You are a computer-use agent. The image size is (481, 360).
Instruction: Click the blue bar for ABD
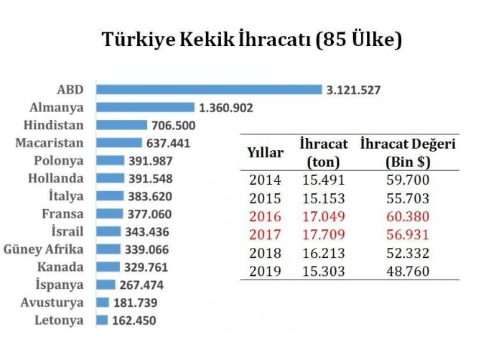click(x=208, y=90)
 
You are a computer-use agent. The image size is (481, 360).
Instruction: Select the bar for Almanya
click(x=145, y=108)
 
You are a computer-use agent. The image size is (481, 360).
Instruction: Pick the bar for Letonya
click(x=101, y=320)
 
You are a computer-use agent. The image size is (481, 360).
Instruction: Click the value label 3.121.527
click(x=353, y=90)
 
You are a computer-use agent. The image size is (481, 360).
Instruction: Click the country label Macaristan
click(x=49, y=143)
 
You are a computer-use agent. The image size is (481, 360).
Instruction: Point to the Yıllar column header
click(x=266, y=152)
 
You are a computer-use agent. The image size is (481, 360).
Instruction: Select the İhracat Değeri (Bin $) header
click(x=407, y=152)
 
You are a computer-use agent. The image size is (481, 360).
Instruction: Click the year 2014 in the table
click(x=266, y=180)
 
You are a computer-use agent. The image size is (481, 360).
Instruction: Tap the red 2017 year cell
click(x=266, y=235)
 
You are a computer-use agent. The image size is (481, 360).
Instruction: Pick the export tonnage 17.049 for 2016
click(x=323, y=217)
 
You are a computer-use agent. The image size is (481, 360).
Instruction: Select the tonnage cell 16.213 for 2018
click(x=323, y=254)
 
